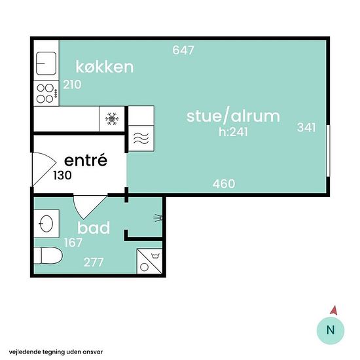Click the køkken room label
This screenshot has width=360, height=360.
point(105,67)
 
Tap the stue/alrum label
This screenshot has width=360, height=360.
point(233,116)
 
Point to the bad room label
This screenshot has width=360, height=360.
point(94,228)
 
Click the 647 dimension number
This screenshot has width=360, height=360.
point(183,50)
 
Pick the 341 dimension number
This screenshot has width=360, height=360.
point(306,128)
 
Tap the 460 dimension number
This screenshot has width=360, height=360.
point(224,184)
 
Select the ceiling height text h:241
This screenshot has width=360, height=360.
point(233,132)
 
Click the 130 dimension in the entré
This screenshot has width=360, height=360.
point(62,175)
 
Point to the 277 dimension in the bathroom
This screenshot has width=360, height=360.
point(94,262)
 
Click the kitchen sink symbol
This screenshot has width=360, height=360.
point(46,63)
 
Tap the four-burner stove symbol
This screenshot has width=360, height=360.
point(46,94)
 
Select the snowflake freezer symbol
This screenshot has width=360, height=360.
point(112,118)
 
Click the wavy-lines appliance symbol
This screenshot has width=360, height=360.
point(141,138)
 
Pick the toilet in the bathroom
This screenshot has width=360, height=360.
point(48,255)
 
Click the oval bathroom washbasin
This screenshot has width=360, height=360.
point(46,223)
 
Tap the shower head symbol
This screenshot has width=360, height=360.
point(158,218)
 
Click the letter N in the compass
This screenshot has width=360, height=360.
point(331,330)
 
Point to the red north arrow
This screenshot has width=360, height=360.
point(334,310)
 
